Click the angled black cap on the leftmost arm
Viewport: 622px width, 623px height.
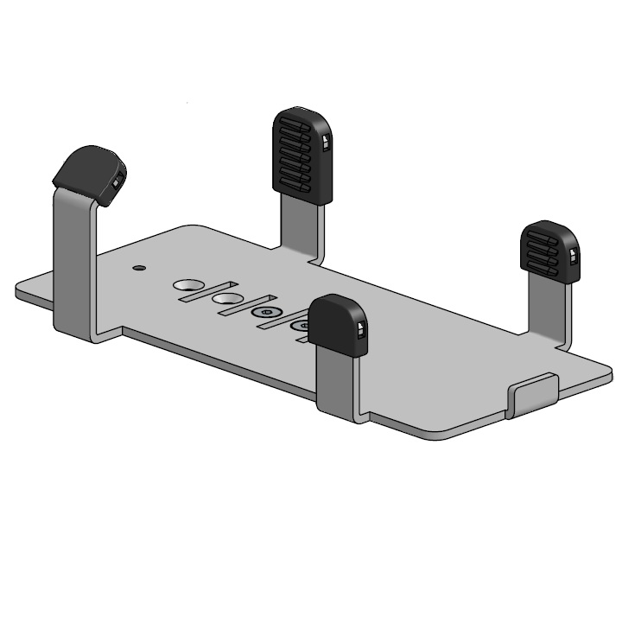pyautogui.click(x=86, y=172)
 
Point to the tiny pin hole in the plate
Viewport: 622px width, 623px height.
pyautogui.click(x=136, y=268)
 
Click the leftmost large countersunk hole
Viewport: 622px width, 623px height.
pyautogui.click(x=187, y=286)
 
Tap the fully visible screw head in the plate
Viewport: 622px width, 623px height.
pyautogui.click(x=266, y=314)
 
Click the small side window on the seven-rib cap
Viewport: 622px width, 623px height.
pyautogui.click(x=325, y=143)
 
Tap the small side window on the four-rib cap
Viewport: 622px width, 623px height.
pyautogui.click(x=572, y=256)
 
